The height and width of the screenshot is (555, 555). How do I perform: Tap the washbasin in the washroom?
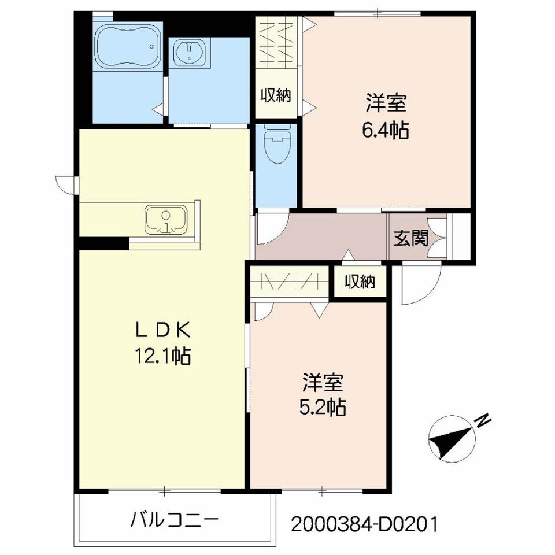(x=190, y=53)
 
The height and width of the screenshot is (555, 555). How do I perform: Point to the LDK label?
(x=162, y=330)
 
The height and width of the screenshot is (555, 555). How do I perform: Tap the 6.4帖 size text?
(x=386, y=131)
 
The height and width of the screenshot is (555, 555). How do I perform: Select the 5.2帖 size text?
(x=323, y=408)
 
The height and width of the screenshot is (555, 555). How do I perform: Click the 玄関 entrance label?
(x=412, y=238)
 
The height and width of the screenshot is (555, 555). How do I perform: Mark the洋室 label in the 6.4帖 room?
(x=386, y=104)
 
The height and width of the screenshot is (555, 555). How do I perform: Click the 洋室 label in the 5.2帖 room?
(x=323, y=382)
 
